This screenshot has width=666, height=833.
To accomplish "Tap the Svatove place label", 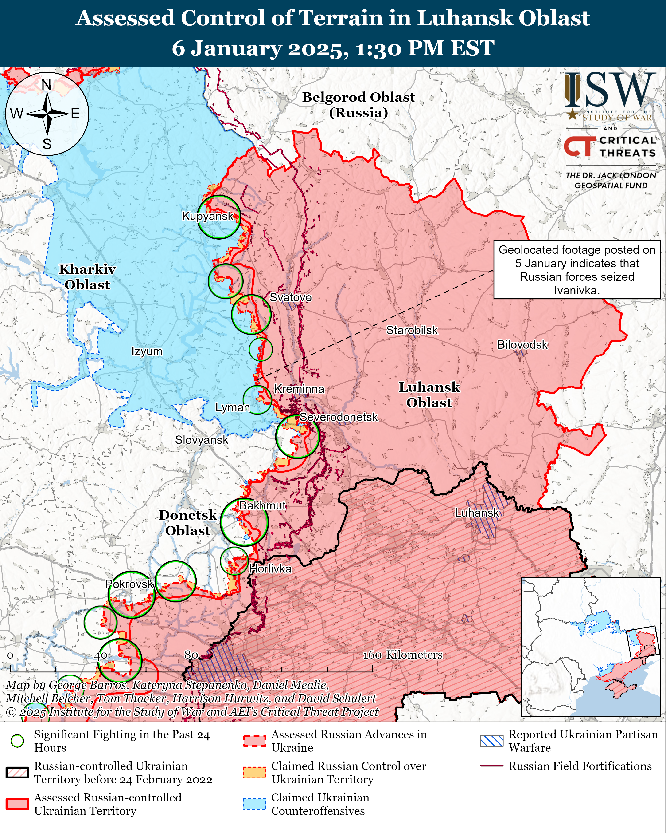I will click(290, 297).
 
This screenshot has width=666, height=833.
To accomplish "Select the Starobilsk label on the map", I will click(412, 330).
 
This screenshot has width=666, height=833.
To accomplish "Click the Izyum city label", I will click(147, 351).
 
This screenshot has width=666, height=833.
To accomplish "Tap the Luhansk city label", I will click(477, 513).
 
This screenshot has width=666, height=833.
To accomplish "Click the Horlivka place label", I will click(270, 569).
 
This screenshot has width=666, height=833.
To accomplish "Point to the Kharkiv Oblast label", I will click(87, 277).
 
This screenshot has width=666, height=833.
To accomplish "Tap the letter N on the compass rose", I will click(46, 85).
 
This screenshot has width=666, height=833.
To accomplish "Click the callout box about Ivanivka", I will click(576, 270).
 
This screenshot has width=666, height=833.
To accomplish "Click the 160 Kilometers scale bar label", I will click(402, 655).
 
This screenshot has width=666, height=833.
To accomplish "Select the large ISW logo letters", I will click(610, 90).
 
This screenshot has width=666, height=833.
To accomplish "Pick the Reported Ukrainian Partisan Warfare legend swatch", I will click(491, 741).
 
